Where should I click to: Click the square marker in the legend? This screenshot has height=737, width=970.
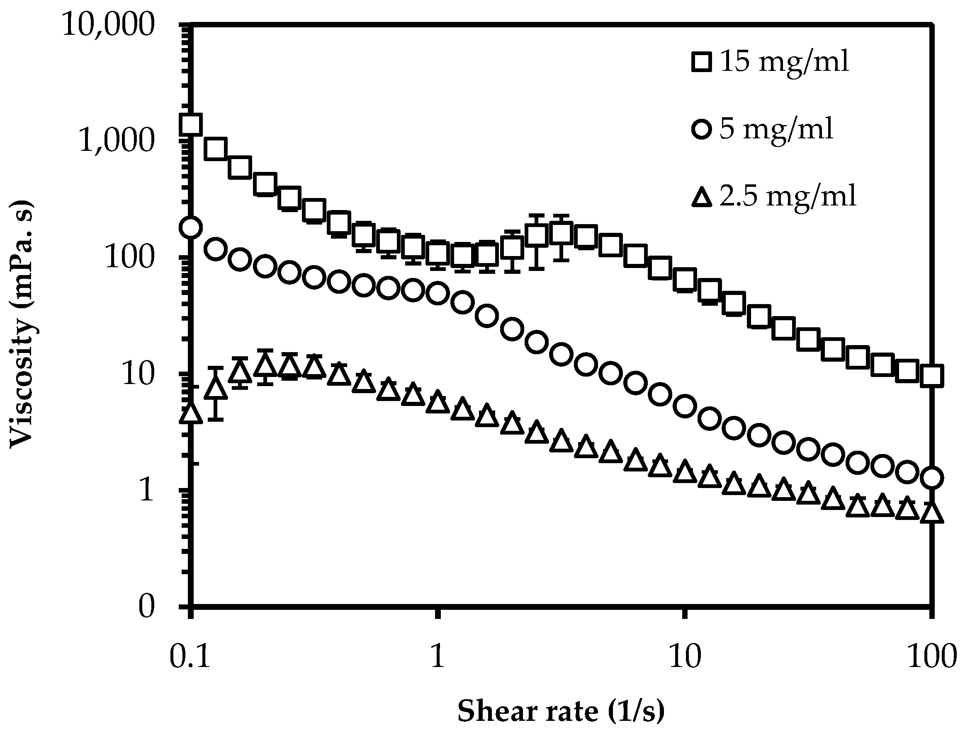click(702, 61)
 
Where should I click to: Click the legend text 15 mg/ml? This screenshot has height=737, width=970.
click(784, 61)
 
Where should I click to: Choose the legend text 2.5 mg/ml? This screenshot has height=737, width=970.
click(788, 196)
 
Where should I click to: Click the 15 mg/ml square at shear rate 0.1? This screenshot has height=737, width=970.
click(191, 124)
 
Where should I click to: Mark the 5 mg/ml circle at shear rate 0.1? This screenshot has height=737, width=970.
click(191, 227)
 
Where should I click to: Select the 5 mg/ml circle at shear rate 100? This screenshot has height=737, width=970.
click(931, 477)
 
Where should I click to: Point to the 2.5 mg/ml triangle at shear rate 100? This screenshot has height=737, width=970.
click(931, 513)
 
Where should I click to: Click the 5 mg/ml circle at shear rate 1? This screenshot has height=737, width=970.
click(438, 293)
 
